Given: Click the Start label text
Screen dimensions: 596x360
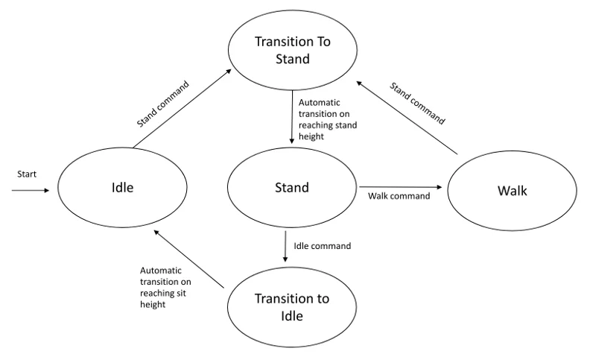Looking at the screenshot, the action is (x=27, y=174).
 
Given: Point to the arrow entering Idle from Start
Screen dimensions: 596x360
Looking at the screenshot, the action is (x=31, y=190).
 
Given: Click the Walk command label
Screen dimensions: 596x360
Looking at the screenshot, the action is (x=399, y=196).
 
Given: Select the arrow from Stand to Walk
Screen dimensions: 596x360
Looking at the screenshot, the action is (x=401, y=187).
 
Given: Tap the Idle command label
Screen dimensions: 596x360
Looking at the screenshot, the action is (x=322, y=246).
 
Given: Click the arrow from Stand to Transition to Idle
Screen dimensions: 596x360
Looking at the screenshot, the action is (x=285, y=246).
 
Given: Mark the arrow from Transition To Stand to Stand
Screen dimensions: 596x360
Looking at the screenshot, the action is (x=292, y=117).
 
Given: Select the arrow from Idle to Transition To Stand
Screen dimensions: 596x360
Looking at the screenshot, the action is (x=182, y=108).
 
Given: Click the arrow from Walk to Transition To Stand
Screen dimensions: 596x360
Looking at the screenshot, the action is (x=407, y=118).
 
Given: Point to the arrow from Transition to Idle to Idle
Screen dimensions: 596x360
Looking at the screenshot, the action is (x=188, y=259).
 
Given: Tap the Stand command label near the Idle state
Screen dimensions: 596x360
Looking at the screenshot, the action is (x=162, y=104).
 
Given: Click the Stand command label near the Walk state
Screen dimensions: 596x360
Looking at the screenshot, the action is (x=417, y=104).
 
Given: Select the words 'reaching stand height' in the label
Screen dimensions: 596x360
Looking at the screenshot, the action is (x=328, y=130).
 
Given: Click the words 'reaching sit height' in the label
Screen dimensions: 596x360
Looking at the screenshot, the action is (x=163, y=299).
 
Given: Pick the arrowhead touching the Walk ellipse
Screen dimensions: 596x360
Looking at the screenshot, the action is (x=440, y=187).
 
